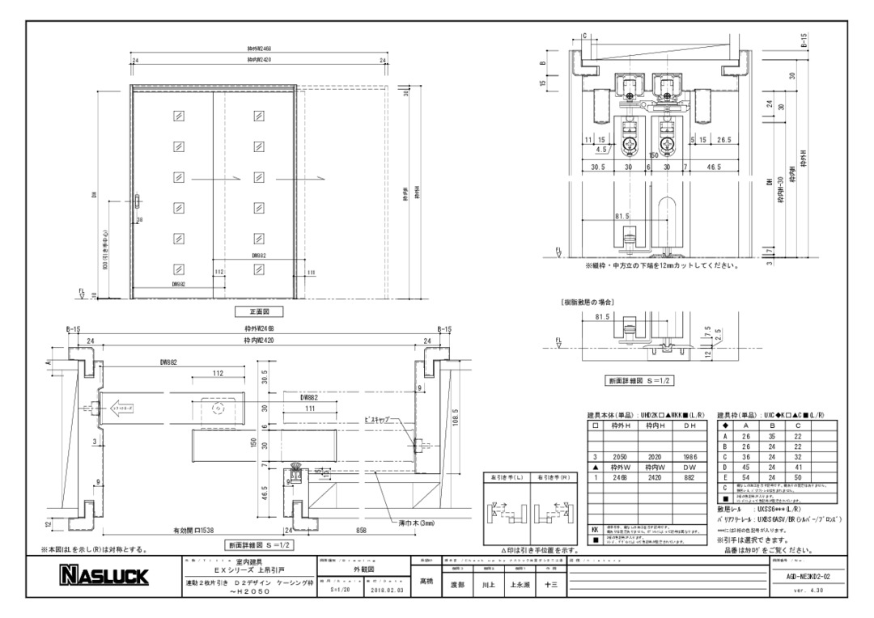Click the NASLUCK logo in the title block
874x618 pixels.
tap(102, 576)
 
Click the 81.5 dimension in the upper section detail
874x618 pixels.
tap(622, 216)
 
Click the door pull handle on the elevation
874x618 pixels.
tap(138, 201)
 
